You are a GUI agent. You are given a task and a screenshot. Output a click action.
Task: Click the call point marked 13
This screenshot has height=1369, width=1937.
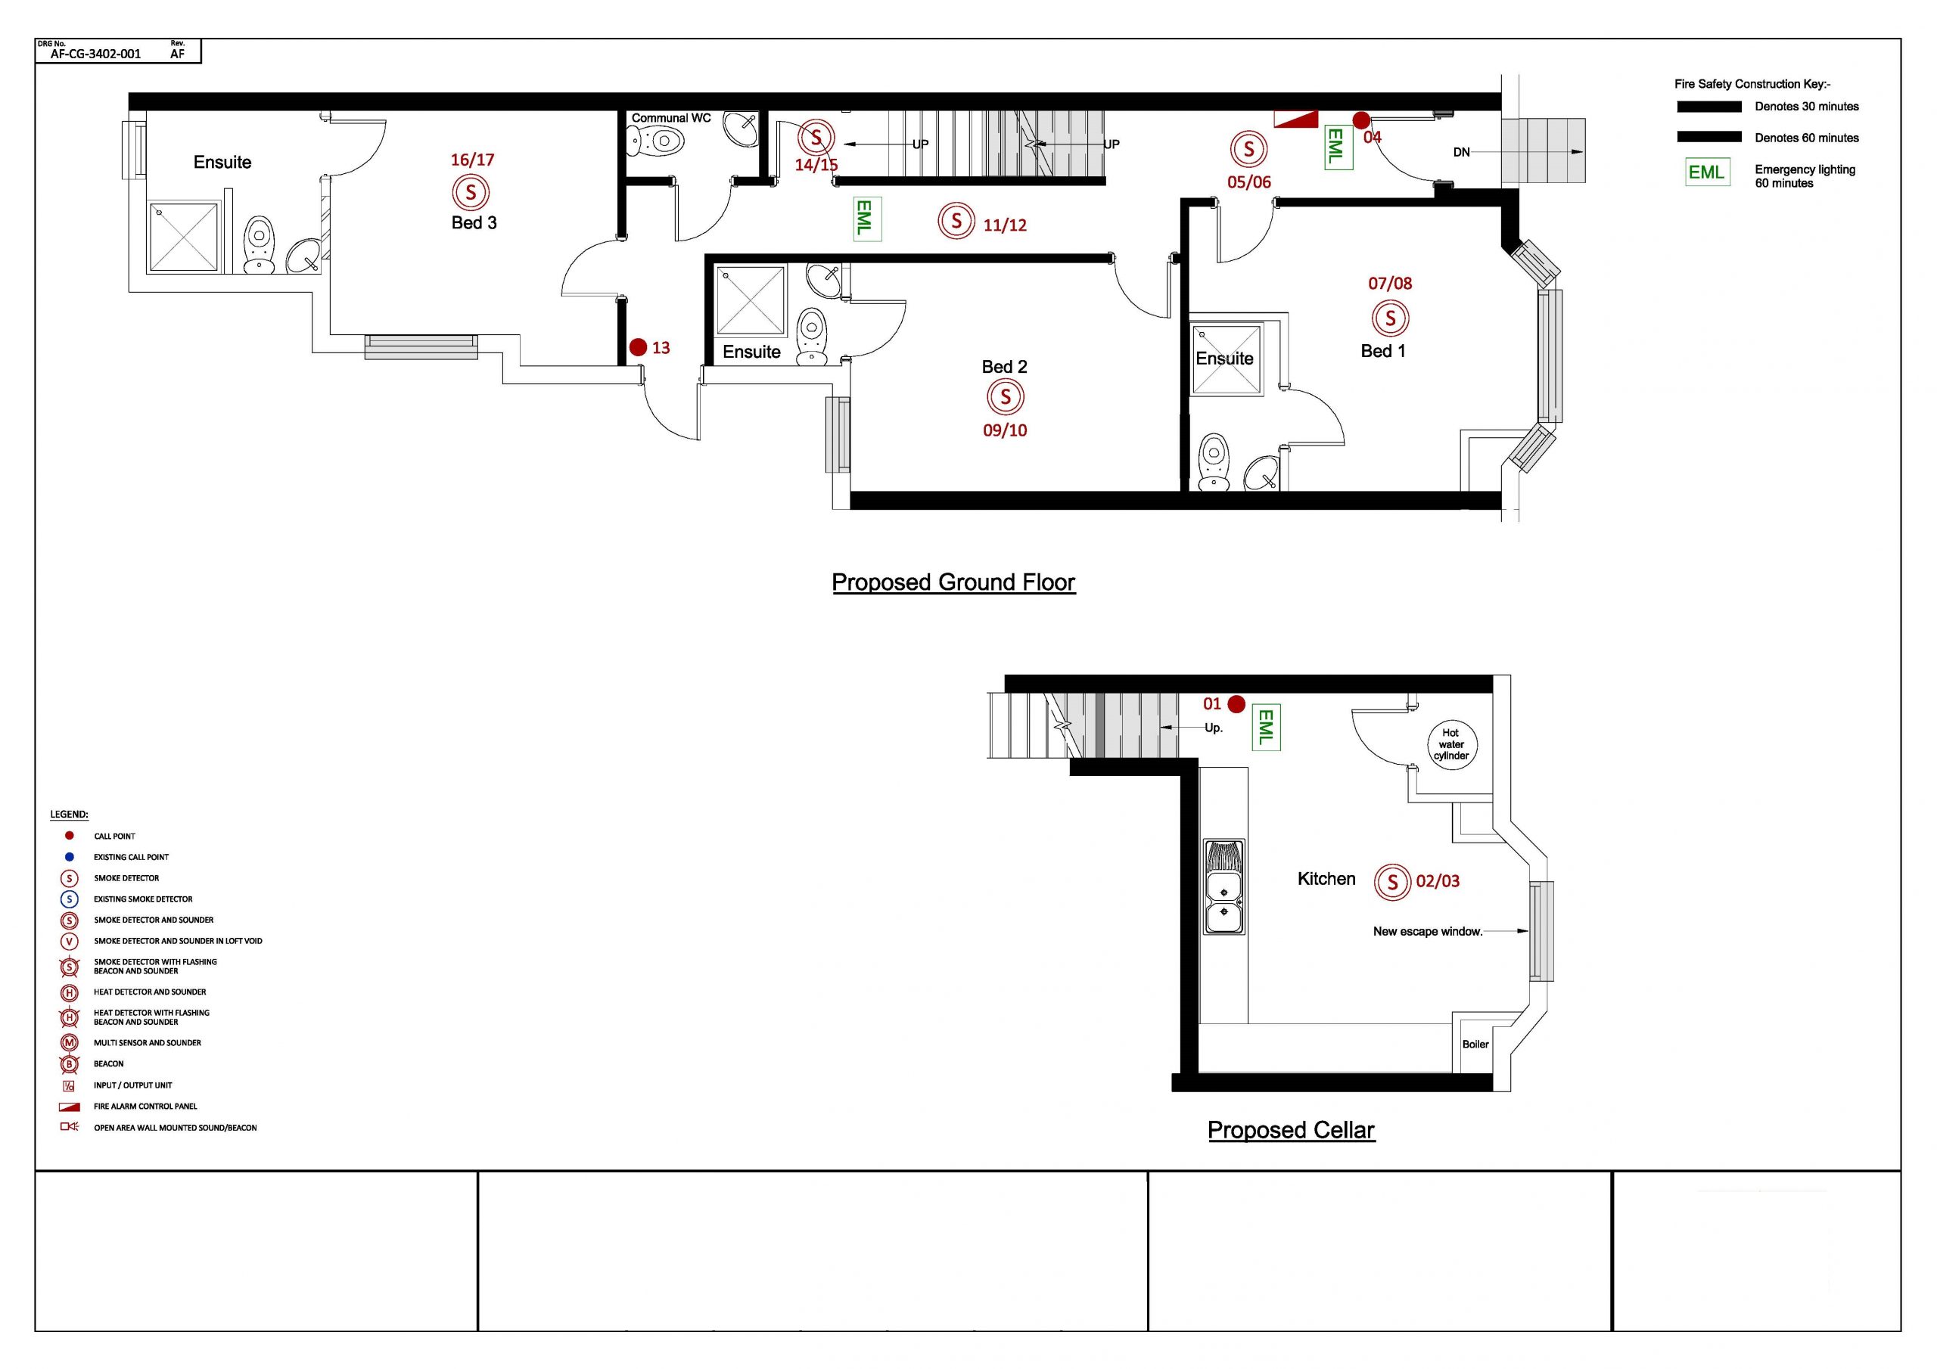click(x=638, y=346)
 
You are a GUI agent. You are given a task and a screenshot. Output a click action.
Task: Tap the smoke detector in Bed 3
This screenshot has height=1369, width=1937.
click(x=471, y=192)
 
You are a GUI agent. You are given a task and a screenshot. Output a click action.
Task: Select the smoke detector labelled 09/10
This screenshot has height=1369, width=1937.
click(x=1005, y=396)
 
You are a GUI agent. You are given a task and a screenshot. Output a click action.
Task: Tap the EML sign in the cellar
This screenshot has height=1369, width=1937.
click(x=1264, y=726)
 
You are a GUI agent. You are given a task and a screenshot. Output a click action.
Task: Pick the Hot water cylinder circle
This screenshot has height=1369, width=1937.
click(x=1450, y=745)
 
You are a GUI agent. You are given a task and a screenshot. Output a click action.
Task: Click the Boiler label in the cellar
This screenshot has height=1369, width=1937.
click(x=1475, y=1045)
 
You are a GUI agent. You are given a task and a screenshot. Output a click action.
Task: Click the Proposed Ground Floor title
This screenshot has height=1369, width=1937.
click(x=953, y=582)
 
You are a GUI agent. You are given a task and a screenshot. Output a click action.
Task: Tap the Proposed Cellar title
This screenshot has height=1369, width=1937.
click(x=1291, y=1130)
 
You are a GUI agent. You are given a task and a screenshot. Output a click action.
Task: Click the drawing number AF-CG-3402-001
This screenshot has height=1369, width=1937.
click(x=95, y=54)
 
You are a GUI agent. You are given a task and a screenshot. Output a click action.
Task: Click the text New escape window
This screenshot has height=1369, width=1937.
click(x=1428, y=931)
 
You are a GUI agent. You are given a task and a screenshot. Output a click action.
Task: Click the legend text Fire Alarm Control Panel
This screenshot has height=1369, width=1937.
click(x=145, y=1106)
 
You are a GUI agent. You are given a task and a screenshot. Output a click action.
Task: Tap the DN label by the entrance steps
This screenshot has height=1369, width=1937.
click(x=1461, y=152)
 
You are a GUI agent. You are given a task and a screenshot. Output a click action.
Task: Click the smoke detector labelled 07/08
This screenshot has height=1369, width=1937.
click(x=1390, y=319)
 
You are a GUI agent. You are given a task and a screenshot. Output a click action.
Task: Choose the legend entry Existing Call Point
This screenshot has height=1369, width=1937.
click(x=131, y=857)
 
